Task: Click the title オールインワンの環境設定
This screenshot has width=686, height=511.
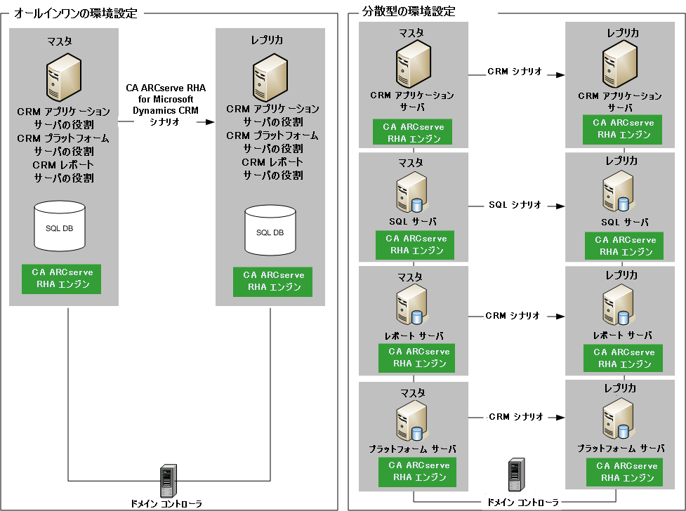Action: pyautogui.click(x=75, y=13)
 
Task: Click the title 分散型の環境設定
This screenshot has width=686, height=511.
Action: pyautogui.click(x=409, y=12)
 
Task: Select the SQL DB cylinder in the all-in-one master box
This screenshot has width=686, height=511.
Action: pyautogui.click(x=59, y=225)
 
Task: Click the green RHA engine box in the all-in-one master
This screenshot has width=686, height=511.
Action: pyautogui.click(x=61, y=279)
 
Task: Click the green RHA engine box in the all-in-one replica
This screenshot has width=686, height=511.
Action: pyautogui.click(x=273, y=281)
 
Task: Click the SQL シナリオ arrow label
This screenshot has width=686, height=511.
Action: pyautogui.click(x=515, y=206)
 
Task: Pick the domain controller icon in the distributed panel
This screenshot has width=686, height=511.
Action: pyautogui.click(x=516, y=476)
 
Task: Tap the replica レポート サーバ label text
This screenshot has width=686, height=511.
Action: pyautogui.click(x=619, y=336)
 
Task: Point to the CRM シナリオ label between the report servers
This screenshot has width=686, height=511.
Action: pyautogui.click(x=513, y=316)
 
